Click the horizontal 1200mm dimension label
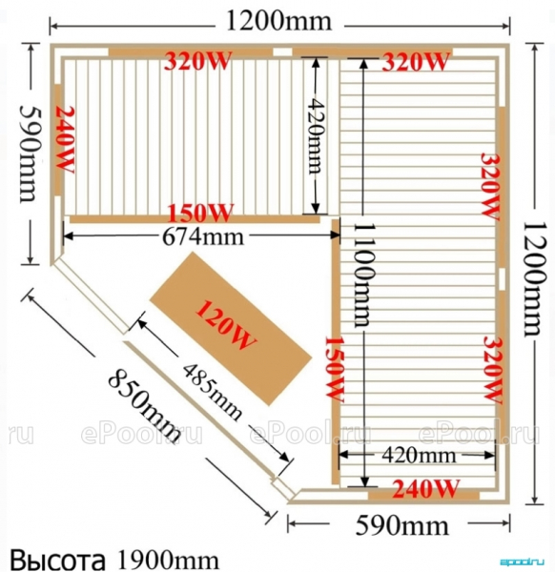click(x=279, y=22)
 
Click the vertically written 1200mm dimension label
click(x=535, y=278)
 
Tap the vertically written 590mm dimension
click(x=31, y=153)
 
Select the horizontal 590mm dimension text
click(x=401, y=525)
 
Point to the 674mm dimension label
click(x=202, y=237)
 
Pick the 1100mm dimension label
click(x=363, y=275)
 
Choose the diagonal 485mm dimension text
click(x=212, y=392)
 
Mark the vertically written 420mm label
click(x=316, y=135)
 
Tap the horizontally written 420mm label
click(x=419, y=456)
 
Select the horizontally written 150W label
click(x=200, y=213)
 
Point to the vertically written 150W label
click(x=335, y=369)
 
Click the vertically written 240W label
click(x=65, y=140)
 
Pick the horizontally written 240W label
click(x=425, y=488)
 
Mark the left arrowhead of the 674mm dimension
click(x=69, y=235)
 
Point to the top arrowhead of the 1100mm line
click(x=363, y=64)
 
